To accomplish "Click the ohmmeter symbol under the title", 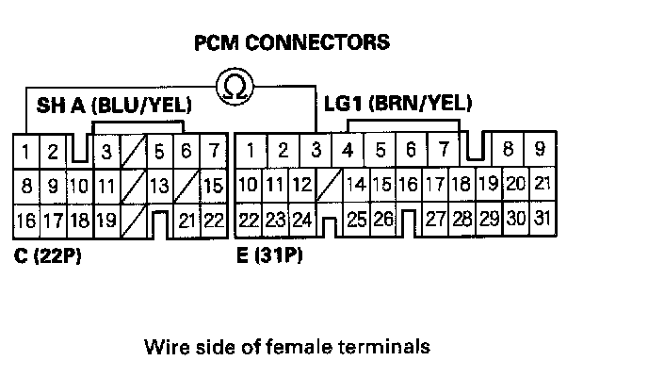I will coord(235,88).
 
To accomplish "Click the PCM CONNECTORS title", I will coord(290,43).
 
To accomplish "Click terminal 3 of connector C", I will coord(107,151).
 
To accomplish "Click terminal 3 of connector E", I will coord(316,150).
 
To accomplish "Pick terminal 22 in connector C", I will coord(214,221).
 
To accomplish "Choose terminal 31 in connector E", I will coord(540,220).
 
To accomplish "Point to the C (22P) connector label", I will coord(46,254).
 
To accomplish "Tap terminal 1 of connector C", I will coord(28,151).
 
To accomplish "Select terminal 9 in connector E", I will coord(540,149).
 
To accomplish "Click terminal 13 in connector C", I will coord(159,186).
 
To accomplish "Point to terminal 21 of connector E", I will coord(540,185).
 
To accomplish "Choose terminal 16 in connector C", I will coord(26,221).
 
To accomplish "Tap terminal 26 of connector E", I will coord(382,221).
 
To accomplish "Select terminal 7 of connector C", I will coord(215,151).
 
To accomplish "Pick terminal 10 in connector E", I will coord(249,185).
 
